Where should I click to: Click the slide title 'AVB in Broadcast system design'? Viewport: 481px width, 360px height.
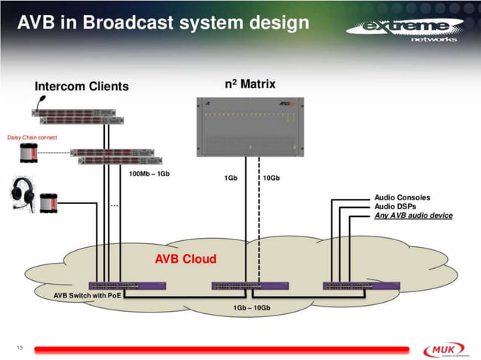(x=163, y=22)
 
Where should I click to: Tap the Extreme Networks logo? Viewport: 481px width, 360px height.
(x=403, y=31)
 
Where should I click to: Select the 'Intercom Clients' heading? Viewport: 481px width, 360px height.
(x=81, y=86)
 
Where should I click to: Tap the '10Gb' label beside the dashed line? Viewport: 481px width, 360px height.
(x=271, y=178)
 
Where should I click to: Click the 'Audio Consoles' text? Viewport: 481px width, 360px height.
(x=403, y=197)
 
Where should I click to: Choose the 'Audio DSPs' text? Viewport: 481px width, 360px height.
(x=395, y=206)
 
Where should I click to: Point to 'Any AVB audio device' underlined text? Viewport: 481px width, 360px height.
(x=413, y=215)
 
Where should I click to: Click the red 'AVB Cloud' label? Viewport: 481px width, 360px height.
(x=185, y=259)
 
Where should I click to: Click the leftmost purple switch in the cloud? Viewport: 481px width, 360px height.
(x=127, y=285)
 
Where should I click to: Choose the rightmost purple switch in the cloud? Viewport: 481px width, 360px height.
(x=351, y=285)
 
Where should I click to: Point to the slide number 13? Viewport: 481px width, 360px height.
(x=20, y=347)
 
